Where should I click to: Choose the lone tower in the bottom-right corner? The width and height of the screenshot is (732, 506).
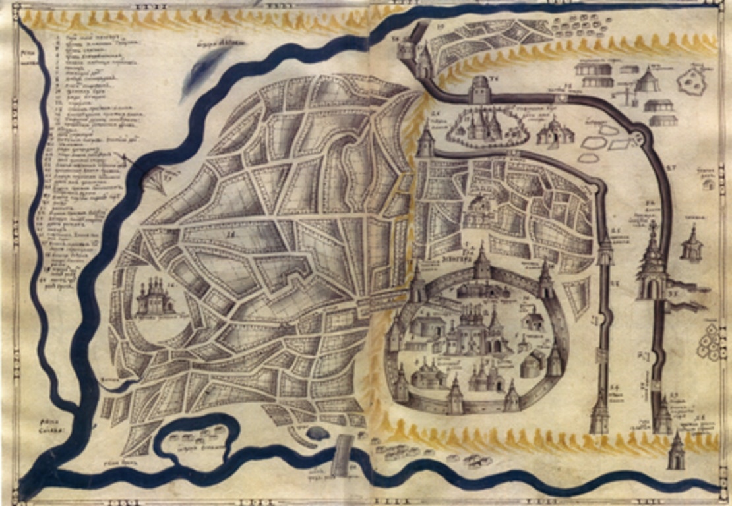676,451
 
